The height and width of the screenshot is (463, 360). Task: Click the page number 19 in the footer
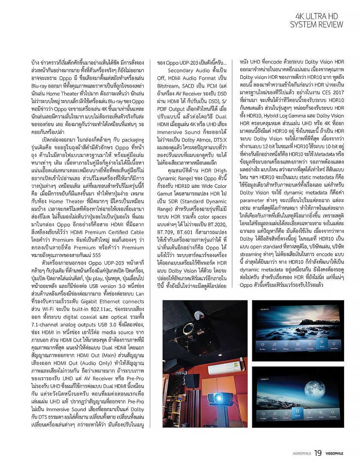[x=318, y=453]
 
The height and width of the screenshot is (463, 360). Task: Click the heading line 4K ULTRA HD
[x=320, y=16]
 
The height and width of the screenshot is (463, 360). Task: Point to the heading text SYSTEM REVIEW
[x=317, y=24]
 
